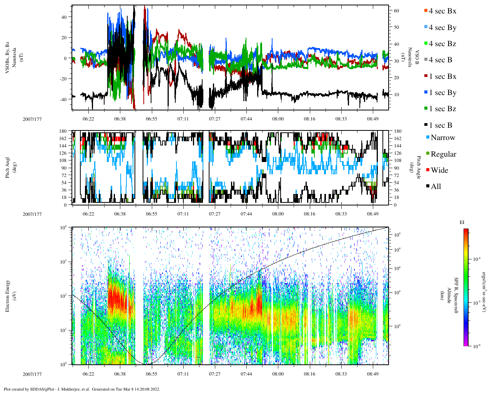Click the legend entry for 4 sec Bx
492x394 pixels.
click(x=442, y=11)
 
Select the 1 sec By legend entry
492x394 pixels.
click(x=442, y=93)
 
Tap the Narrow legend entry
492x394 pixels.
click(x=442, y=138)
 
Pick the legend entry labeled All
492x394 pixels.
click(x=435, y=187)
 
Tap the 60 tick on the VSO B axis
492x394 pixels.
click(x=396, y=11)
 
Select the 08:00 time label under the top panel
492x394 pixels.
click(x=278, y=119)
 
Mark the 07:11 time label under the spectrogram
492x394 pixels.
click(x=183, y=374)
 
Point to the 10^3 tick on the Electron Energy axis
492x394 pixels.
click(x=63, y=262)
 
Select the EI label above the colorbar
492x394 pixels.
click(x=462, y=222)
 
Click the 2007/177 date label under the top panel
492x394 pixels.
click(x=32, y=119)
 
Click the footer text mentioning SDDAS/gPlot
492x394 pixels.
click(x=82, y=389)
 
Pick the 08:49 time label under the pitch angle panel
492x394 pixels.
click(x=372, y=214)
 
